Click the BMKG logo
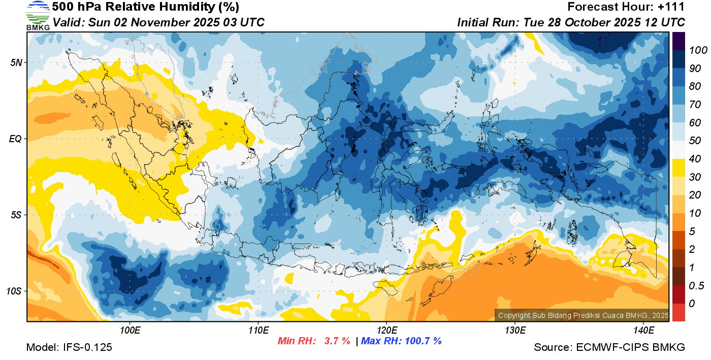point(38,15)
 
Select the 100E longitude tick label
point(130,331)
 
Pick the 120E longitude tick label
point(386,331)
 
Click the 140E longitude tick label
point(643,331)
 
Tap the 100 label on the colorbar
point(698,50)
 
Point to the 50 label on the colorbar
point(695,141)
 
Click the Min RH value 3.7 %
point(337,341)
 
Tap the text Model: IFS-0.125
point(69,347)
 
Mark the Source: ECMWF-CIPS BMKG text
point(609,347)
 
